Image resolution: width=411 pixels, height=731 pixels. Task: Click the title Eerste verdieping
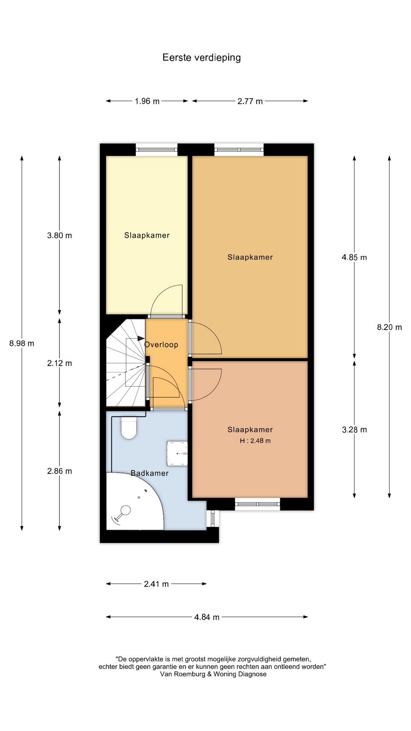coord(202,57)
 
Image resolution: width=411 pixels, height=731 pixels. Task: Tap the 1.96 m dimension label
coord(147,101)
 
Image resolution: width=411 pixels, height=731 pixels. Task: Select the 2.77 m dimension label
coord(250,101)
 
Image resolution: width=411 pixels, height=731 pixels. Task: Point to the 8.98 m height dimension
coord(22,343)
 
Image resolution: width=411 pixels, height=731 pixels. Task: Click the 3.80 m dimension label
coord(59,235)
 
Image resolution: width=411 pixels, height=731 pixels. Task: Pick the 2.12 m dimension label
coord(59,363)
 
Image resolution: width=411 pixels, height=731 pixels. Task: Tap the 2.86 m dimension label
coord(59,471)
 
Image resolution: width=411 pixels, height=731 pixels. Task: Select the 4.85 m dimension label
coord(354,257)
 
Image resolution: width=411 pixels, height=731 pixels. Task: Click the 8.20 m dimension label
coord(389,327)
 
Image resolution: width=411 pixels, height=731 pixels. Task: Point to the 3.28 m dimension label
coord(354,430)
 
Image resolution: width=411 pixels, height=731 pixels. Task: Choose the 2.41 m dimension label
coord(156,584)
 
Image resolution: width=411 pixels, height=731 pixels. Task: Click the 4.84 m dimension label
coord(207,617)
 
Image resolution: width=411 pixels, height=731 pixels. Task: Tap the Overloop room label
coord(161,345)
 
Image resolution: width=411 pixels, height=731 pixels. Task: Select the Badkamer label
coord(150,473)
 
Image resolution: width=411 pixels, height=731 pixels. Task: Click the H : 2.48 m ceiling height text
coord(255,441)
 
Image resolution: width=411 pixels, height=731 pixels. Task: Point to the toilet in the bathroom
coord(129,429)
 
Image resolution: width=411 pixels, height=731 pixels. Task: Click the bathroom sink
coord(177,453)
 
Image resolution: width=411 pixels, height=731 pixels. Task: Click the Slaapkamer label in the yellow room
coord(147,235)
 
